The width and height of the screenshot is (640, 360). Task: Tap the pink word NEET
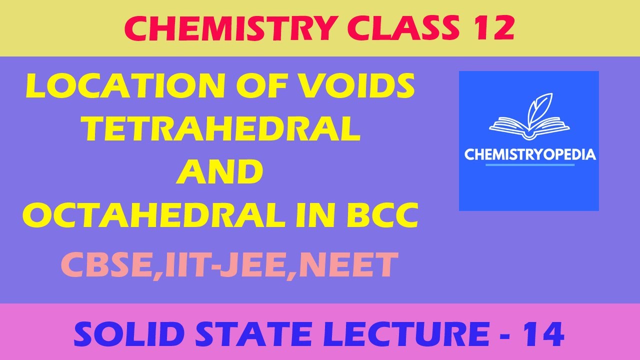(x=349, y=265)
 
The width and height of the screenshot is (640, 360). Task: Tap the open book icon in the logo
(x=528, y=126)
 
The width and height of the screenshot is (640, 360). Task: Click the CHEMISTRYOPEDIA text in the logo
(x=530, y=154)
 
